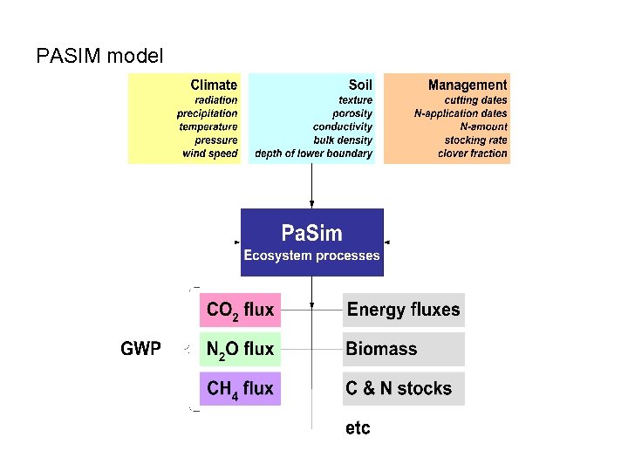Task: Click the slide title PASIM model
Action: pos(99,57)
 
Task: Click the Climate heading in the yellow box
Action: pos(214,85)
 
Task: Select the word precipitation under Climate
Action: pos(207,113)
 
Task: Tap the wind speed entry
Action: pos(209,154)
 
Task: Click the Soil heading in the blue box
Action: pos(360,85)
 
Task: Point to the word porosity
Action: pos(352,113)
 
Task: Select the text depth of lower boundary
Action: pos(313,154)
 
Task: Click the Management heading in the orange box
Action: pos(467,85)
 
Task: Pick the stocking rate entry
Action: pos(475,140)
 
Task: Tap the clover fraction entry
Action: pos(472,154)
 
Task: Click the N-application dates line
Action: pos(460,113)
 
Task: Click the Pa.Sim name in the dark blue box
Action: pos(311,233)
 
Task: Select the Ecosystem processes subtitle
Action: pos(311,256)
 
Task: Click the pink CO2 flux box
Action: pos(240,310)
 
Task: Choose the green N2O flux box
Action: pos(240,349)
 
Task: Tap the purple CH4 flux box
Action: pos(240,388)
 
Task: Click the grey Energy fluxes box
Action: pos(403,310)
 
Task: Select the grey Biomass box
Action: pos(403,349)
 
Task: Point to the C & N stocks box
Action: pos(403,388)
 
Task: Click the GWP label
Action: pos(140,349)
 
